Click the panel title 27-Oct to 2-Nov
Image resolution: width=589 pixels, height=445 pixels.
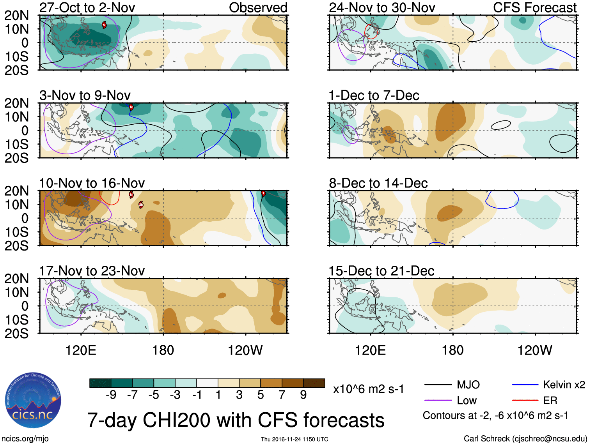click(x=87, y=7)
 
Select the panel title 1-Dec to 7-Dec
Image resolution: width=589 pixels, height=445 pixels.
click(x=374, y=95)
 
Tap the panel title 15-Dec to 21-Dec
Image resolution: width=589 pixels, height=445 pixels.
click(x=381, y=271)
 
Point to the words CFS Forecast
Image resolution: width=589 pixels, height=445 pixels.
click(x=534, y=7)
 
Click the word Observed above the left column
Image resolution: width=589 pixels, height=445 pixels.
click(x=258, y=7)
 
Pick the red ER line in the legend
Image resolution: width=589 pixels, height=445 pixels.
click(x=525, y=400)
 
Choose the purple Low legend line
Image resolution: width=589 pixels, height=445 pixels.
click(x=438, y=400)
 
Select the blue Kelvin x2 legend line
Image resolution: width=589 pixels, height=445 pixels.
click(x=525, y=385)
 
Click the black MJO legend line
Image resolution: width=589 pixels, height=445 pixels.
click(x=438, y=385)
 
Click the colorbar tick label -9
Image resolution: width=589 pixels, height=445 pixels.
click(x=111, y=395)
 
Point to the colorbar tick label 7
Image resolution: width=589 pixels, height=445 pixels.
click(x=282, y=395)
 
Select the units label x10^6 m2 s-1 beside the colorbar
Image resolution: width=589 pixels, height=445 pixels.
click(x=368, y=389)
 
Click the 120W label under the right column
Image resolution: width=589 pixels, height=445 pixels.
click(x=534, y=350)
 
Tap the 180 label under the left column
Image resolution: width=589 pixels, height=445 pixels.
click(x=163, y=350)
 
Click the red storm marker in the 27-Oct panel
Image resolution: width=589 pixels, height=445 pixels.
click(x=104, y=25)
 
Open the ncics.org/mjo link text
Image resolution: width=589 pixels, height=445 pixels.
click(x=25, y=438)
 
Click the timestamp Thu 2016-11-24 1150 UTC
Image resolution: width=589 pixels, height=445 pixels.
click(x=294, y=439)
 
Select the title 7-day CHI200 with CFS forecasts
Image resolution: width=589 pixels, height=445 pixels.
click(x=236, y=420)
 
